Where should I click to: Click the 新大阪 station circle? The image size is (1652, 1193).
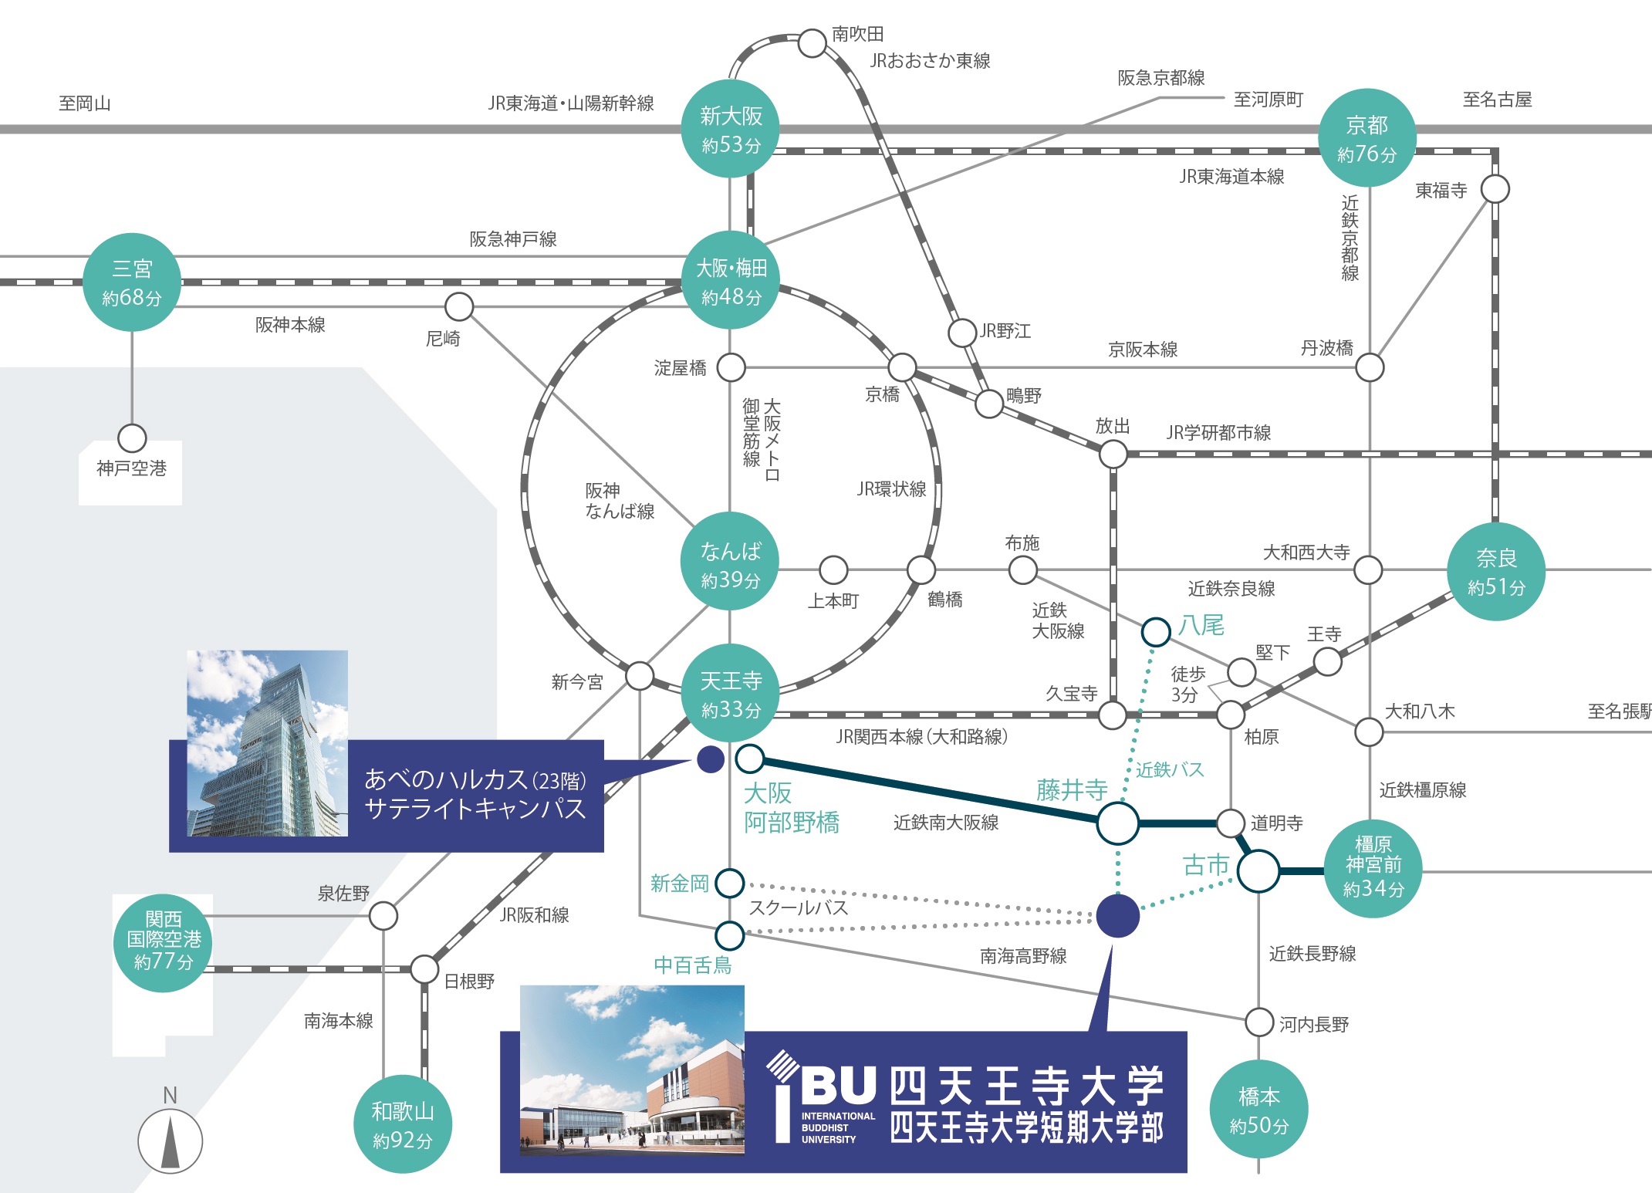point(730,129)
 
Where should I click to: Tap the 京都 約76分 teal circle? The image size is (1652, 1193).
point(1367,138)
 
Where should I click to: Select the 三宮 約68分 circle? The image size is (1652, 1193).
point(132,282)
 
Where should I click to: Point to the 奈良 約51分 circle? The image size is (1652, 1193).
point(1495,571)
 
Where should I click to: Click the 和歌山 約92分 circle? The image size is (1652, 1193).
point(402,1124)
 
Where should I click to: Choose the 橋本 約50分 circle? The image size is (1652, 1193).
point(1258,1110)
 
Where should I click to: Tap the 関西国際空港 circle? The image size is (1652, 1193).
point(164,941)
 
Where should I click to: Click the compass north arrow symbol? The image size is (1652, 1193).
point(171,1141)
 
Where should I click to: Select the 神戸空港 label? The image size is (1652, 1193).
point(131,468)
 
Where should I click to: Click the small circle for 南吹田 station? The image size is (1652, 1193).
point(812,43)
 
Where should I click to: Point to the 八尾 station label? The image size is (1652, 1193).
point(1201,625)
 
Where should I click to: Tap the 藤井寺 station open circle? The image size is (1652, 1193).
point(1117,823)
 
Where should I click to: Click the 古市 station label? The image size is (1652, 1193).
point(1205,865)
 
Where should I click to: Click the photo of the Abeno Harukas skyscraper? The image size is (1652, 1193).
point(267,743)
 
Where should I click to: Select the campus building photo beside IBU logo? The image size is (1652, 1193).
point(632,1070)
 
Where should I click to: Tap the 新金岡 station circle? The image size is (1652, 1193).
point(729,883)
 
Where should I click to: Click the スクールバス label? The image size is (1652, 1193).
point(798,908)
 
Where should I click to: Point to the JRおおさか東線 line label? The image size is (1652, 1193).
point(930,61)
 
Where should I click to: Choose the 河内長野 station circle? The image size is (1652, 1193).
point(1259,1022)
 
